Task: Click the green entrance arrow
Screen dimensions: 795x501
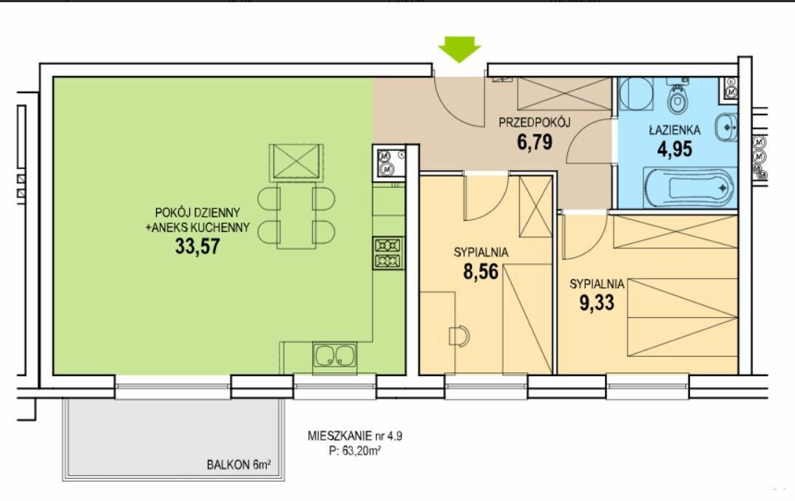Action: (x=459, y=49)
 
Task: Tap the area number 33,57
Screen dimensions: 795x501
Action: (x=197, y=246)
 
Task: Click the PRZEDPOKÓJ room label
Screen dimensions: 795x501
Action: (x=535, y=122)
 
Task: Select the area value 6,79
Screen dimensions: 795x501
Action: (x=535, y=142)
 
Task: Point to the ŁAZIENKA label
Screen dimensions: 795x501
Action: (x=675, y=129)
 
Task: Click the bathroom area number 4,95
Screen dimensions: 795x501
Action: (x=675, y=149)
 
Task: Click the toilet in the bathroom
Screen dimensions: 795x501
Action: (x=677, y=98)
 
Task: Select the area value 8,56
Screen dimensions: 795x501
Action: (x=481, y=271)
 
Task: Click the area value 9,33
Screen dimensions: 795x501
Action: (x=597, y=302)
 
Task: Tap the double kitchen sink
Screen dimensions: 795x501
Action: (x=334, y=355)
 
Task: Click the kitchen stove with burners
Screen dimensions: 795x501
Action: (x=388, y=253)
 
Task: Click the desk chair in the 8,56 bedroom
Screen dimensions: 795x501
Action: (x=459, y=336)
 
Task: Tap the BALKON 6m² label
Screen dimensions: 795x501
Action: (x=238, y=465)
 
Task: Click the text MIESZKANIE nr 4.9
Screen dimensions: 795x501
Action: (x=355, y=436)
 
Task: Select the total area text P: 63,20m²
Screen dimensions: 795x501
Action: (x=355, y=451)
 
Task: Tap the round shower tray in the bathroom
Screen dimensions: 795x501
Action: (x=636, y=94)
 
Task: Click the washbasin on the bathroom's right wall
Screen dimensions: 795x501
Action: (x=725, y=127)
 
